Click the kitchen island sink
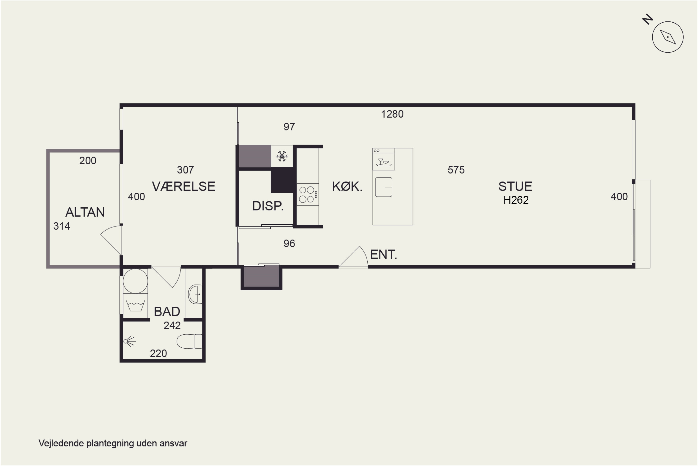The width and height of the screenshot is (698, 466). coord(384,187)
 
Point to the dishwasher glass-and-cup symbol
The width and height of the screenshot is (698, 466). coord(384,162)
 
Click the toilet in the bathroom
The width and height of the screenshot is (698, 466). coord(189,341)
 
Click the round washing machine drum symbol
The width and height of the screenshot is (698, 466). coord(135,281)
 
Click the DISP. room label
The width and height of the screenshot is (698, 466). coord(268,206)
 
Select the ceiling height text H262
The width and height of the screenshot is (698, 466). coord(516,200)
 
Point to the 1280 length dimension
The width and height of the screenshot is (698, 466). coord(392,114)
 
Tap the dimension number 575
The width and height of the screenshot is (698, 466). coord(456,170)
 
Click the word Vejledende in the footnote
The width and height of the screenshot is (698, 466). coord(61,443)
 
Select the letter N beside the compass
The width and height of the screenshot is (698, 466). coord(648,19)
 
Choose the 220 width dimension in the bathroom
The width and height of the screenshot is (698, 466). coord(158,353)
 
